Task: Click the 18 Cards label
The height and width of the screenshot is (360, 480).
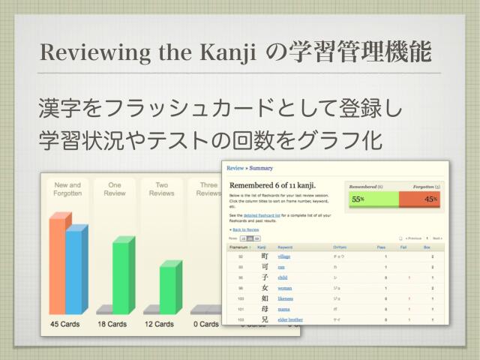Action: (112, 325)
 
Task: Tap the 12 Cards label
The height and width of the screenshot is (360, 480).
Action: (158, 325)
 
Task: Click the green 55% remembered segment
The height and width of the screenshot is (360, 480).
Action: (373, 199)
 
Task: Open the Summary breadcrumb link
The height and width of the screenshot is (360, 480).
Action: (262, 169)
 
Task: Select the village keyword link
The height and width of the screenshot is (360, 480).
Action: (284, 256)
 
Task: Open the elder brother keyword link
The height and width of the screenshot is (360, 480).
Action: (289, 319)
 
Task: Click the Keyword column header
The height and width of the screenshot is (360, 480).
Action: (285, 246)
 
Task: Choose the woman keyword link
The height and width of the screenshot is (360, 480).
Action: (285, 288)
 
